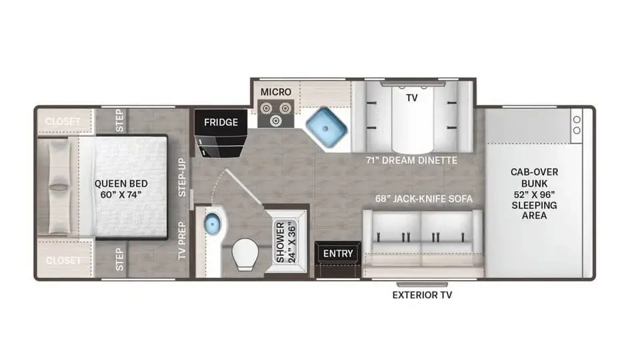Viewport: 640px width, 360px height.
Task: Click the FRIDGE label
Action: (x=221, y=122)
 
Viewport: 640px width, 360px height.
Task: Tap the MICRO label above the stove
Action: (x=276, y=92)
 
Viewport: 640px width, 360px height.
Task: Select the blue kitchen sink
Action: (x=327, y=128)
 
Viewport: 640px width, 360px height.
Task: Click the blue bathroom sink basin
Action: (x=212, y=223)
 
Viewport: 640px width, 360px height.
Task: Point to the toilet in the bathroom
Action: (x=245, y=254)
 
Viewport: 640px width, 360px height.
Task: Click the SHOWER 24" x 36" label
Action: (x=285, y=242)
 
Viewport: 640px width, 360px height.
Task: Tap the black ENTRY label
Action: (x=338, y=253)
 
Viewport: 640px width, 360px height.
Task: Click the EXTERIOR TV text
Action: (x=422, y=295)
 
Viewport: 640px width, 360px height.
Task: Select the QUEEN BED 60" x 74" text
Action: (x=121, y=189)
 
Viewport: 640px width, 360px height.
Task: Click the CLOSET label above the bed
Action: (x=63, y=121)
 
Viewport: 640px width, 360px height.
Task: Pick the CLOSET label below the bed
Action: (x=63, y=260)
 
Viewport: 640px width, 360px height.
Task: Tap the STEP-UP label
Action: (x=182, y=177)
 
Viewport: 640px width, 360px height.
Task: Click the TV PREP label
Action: (x=182, y=241)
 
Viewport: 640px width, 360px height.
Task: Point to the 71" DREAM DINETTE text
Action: (x=411, y=161)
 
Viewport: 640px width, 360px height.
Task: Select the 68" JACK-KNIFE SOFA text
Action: (x=424, y=199)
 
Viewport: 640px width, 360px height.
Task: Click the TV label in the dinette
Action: (x=412, y=98)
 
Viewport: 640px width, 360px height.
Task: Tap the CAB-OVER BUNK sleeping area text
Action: (x=534, y=193)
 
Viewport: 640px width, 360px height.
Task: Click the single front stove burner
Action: (x=275, y=121)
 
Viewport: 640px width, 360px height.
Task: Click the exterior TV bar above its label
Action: (x=422, y=284)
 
